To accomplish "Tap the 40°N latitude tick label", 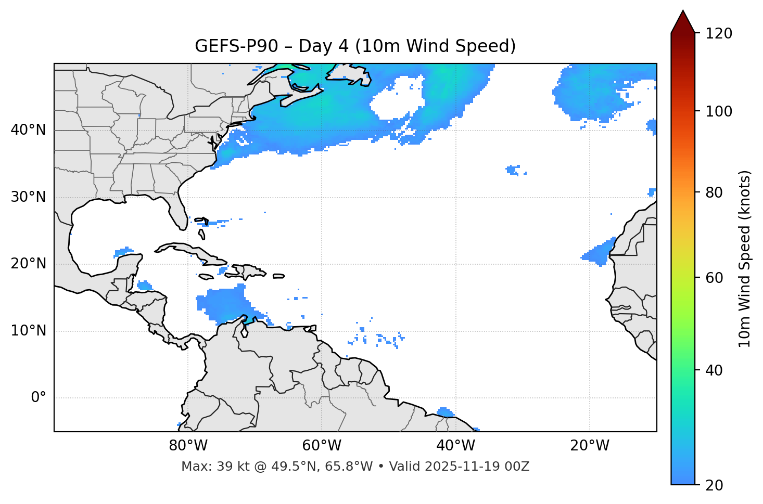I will point(28,130).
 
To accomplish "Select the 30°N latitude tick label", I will point(28,197).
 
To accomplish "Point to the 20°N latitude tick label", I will point(28,264).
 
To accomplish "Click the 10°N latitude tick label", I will point(28,331).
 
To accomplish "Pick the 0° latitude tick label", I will point(39,398).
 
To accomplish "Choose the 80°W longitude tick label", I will point(188,446).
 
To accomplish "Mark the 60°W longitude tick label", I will point(322,446).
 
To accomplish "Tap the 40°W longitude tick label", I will point(455,446).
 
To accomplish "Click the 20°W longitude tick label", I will point(590,446).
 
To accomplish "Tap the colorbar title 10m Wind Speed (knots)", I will point(745,259).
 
